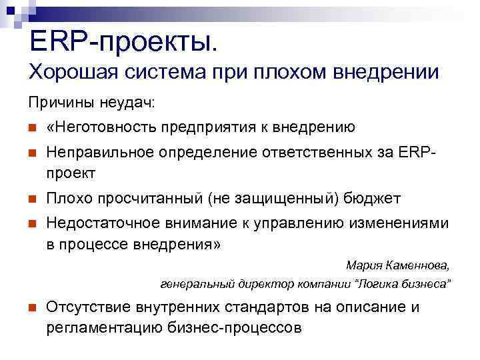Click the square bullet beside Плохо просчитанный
31,199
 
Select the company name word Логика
378,285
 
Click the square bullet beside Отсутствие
31,308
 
